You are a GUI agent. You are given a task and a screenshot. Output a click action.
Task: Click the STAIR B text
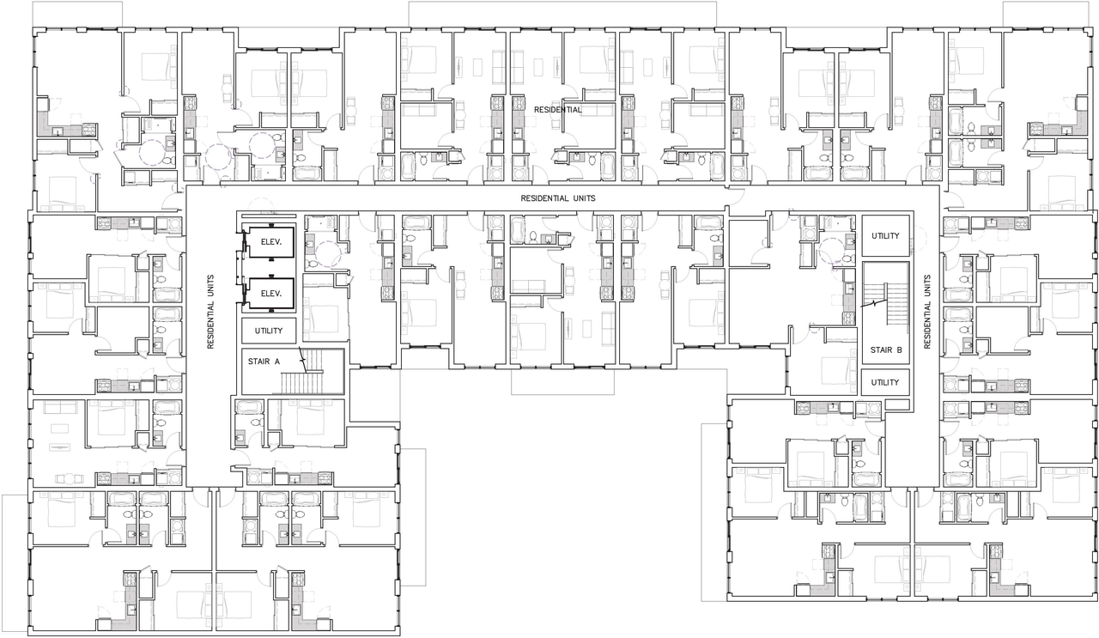click(885, 349)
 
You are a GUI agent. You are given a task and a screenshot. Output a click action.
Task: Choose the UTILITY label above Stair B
click(885, 235)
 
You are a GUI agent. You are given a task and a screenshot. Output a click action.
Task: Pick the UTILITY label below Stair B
click(885, 382)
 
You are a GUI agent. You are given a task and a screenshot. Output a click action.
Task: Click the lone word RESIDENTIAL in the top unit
click(558, 110)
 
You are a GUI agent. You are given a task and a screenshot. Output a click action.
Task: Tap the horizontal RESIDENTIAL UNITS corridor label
click(558, 198)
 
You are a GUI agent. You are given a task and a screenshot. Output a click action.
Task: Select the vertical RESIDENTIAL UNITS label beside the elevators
click(210, 312)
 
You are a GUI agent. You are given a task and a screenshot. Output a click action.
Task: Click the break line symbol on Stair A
click(302, 357)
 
